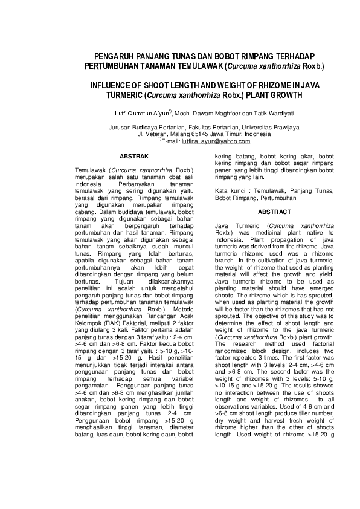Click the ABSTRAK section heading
(134, 156)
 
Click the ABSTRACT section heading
(274, 212)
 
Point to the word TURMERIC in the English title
(126, 96)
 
